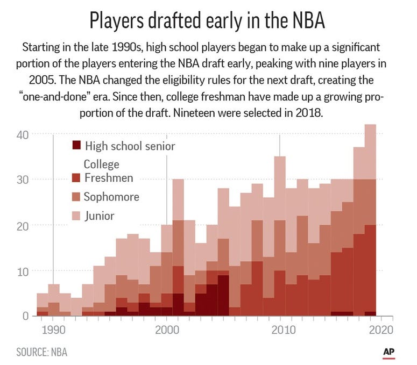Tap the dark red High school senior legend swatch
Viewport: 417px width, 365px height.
point(76,145)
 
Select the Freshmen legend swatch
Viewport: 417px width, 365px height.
point(76,178)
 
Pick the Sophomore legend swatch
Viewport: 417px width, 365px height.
point(76,197)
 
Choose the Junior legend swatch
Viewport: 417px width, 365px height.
point(76,216)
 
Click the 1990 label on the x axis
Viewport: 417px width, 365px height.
point(53,328)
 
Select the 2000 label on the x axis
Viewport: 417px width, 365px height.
point(166,328)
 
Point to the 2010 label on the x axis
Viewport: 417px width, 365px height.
point(280,328)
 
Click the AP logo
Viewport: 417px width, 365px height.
point(390,352)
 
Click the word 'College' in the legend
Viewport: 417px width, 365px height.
point(101,164)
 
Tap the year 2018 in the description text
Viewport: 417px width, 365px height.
point(307,116)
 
